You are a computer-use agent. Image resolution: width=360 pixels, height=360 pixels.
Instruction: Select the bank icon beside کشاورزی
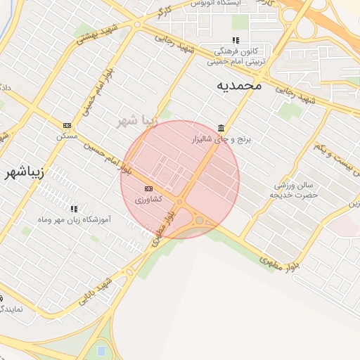148,188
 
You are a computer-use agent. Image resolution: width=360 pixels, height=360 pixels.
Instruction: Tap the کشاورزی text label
148,200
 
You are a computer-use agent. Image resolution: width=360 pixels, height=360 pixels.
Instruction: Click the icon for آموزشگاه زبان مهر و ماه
74,209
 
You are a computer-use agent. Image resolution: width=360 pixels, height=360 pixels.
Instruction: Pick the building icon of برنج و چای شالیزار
221,128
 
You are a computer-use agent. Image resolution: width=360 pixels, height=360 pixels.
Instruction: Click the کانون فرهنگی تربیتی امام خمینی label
236,56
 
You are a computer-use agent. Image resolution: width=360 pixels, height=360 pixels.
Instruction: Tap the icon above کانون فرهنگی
236,40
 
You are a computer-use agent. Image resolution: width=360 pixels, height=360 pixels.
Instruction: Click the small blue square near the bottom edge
101,349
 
